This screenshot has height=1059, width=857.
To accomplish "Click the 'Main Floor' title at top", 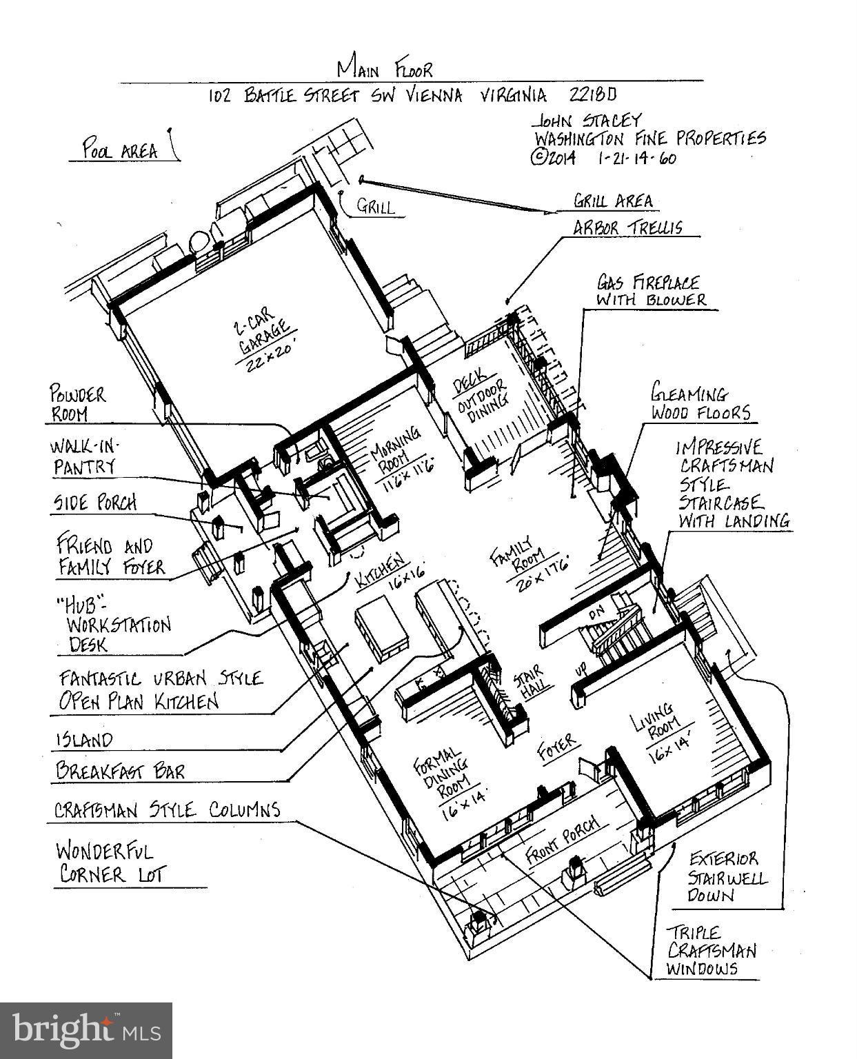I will coord(385,69).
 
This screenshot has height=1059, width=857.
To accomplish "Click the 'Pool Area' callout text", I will coord(120,150).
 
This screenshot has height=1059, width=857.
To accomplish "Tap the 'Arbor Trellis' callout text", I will coord(627,228).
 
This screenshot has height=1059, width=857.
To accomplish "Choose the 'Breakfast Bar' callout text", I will coord(120,769).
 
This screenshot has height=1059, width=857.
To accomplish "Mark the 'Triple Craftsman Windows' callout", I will coord(710,951).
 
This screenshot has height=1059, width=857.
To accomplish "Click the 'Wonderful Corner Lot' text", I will coord(111,863).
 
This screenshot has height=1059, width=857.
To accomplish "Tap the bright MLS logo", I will coord(85,1030).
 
